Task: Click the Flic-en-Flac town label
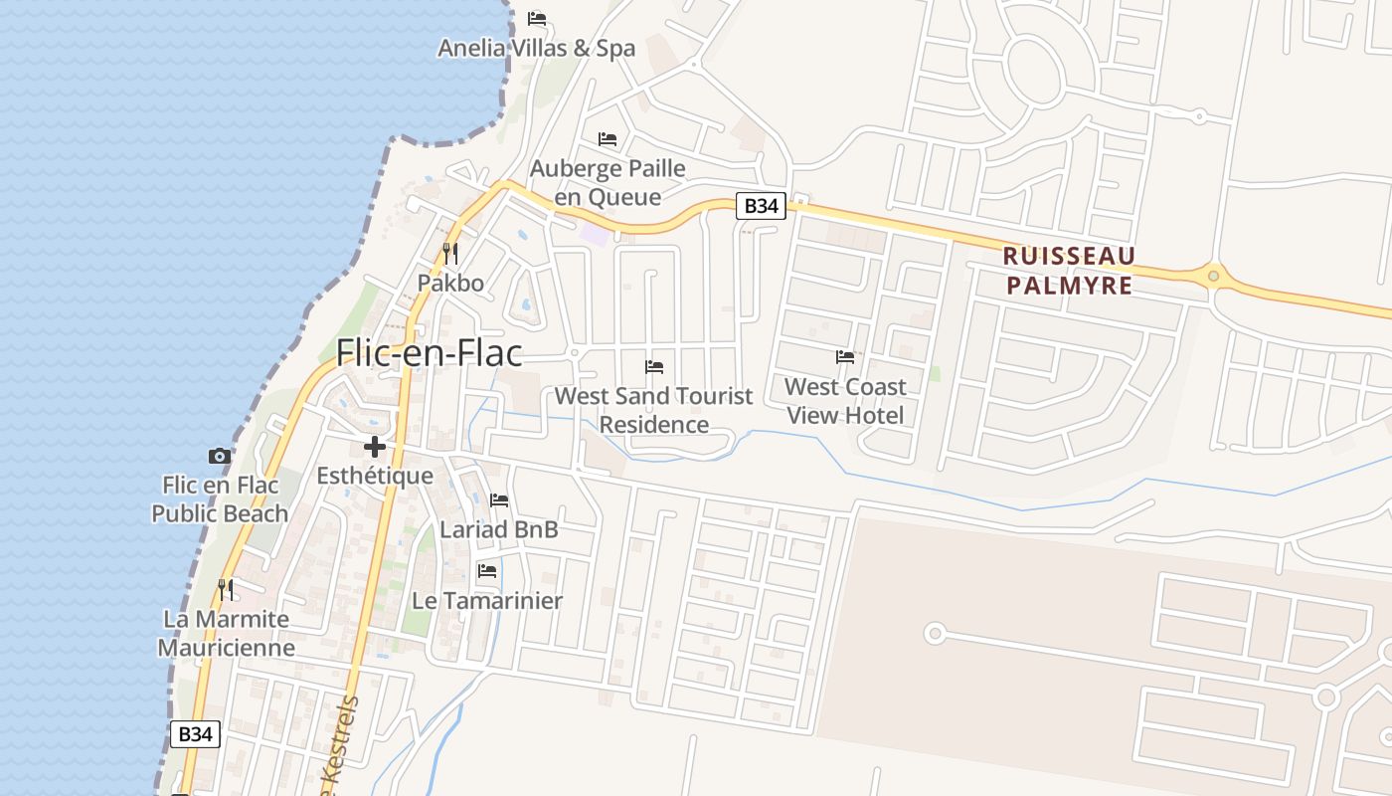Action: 430,352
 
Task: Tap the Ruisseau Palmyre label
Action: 1069,271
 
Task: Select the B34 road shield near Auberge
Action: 761,206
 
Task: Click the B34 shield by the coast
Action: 195,734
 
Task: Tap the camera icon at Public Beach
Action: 220,457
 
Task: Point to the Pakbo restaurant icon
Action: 450,255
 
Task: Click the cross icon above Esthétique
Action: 375,447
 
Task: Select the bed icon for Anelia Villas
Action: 537,19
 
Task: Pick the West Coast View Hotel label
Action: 845,400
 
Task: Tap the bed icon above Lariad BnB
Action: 499,500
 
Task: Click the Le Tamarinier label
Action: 487,600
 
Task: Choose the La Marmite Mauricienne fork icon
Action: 227,590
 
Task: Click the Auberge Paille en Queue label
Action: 608,182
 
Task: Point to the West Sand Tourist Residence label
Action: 654,410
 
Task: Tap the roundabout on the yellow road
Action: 1213,275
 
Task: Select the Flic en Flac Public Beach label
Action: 220,499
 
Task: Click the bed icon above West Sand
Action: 654,367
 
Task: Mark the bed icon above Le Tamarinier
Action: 487,571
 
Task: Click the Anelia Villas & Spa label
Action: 537,48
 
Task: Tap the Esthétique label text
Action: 375,476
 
